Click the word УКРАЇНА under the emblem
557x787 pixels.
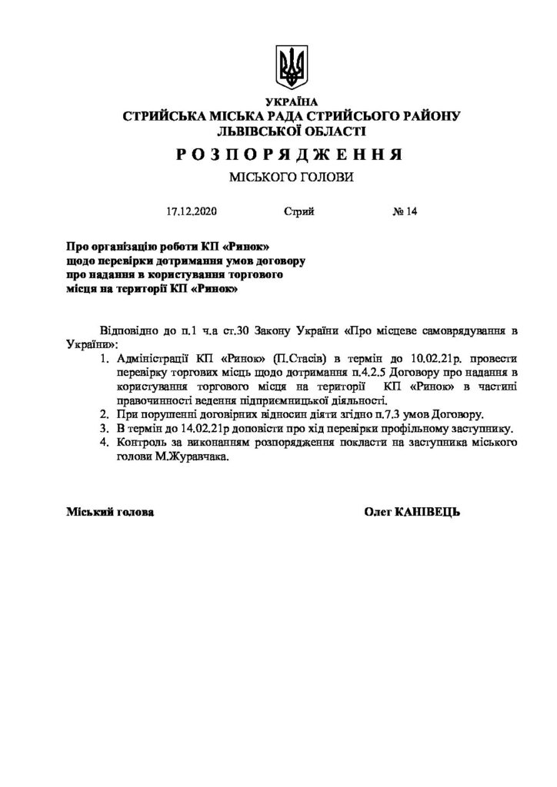(290, 102)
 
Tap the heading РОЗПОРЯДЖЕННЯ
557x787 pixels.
(289, 154)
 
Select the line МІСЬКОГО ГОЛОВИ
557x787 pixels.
(290, 178)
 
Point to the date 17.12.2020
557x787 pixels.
(192, 212)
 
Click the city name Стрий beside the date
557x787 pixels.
(298, 212)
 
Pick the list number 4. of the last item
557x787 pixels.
(105, 442)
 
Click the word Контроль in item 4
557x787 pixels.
(142, 442)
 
